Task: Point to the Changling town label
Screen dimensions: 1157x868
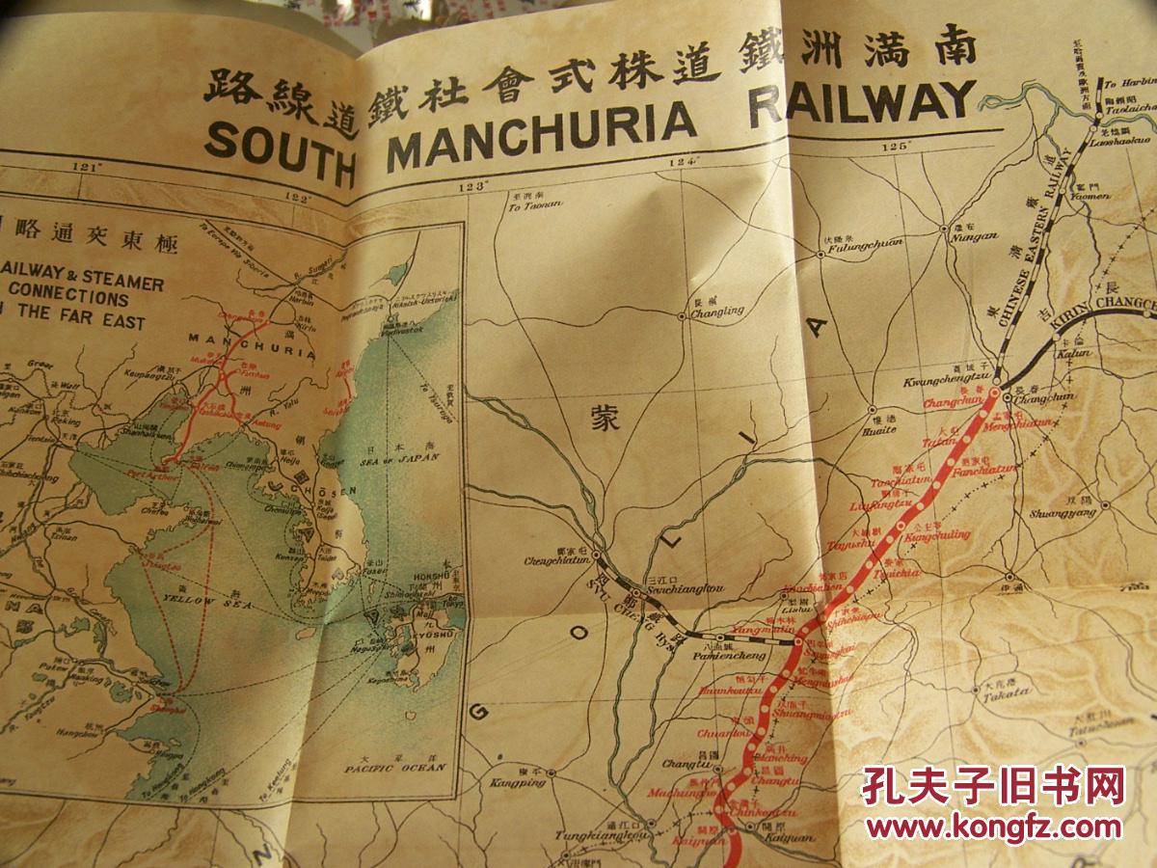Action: pos(719,311)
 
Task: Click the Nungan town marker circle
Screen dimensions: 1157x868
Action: pos(945,229)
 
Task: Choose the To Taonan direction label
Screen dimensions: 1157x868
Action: pos(529,205)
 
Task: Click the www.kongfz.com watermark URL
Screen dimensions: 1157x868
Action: pos(993,826)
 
